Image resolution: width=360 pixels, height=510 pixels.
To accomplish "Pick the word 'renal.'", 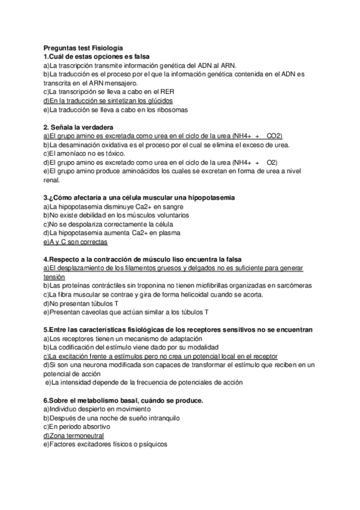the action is coord(52,180).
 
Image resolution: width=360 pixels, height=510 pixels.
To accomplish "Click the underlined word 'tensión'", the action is coord(54,277).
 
